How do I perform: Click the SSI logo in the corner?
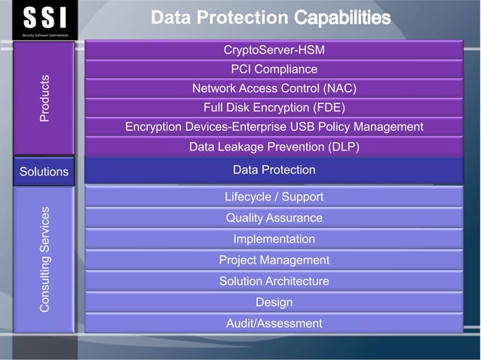(44, 20)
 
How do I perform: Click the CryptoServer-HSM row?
(274, 50)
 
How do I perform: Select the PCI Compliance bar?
(274, 69)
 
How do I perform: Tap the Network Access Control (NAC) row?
(274, 88)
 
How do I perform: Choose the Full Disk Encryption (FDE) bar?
(274, 107)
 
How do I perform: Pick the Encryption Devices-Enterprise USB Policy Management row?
(274, 127)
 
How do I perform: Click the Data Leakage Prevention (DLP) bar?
(274, 146)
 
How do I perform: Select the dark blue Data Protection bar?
(274, 170)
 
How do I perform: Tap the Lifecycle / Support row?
(274, 197)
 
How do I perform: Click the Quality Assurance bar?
(274, 218)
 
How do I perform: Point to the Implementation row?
(274, 239)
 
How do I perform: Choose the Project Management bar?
(274, 260)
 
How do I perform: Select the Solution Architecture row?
(274, 281)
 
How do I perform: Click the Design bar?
(274, 302)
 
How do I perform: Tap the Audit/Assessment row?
(274, 323)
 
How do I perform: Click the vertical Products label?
(44, 98)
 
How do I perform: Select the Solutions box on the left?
(44, 172)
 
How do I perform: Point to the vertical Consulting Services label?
(44, 259)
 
